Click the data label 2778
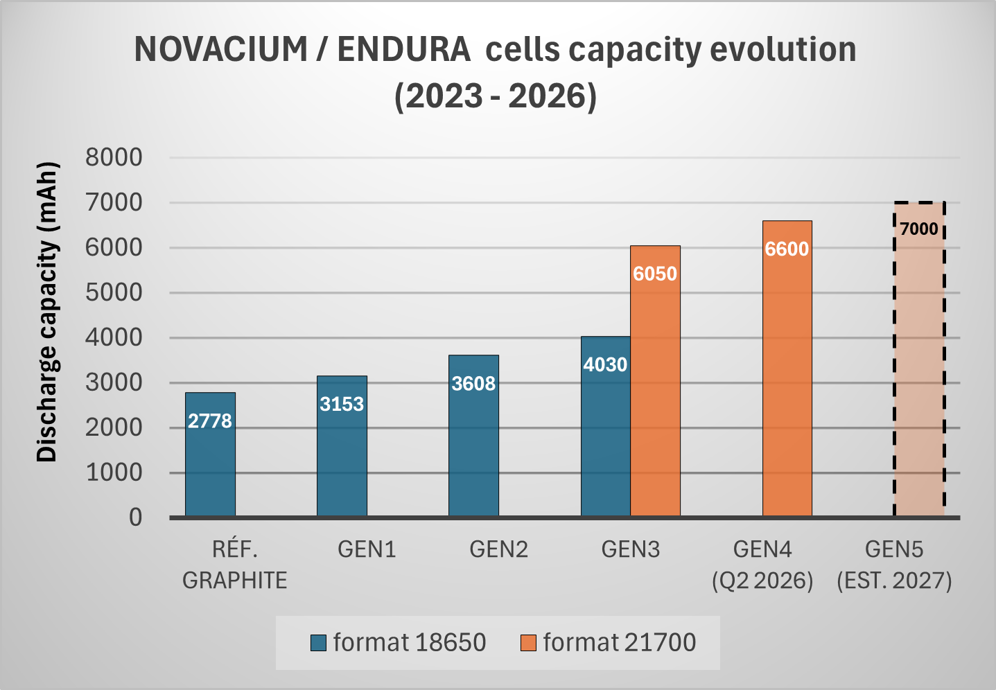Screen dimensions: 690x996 click(x=210, y=421)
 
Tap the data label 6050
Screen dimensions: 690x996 click(x=655, y=274)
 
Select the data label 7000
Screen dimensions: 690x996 click(x=919, y=229)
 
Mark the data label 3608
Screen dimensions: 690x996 click(x=473, y=383)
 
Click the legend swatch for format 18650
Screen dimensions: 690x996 click(x=318, y=643)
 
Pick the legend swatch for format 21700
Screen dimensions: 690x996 click(x=528, y=643)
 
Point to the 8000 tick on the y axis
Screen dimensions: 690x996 click(x=114, y=157)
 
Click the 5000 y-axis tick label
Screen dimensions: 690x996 click(x=114, y=292)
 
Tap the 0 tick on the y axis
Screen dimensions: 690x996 click(x=135, y=517)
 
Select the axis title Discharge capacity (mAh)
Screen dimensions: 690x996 click(x=47, y=312)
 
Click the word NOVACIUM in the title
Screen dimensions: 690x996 click(x=221, y=50)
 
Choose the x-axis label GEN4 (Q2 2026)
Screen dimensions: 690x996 click(x=762, y=565)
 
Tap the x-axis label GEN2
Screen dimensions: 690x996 click(x=498, y=549)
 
